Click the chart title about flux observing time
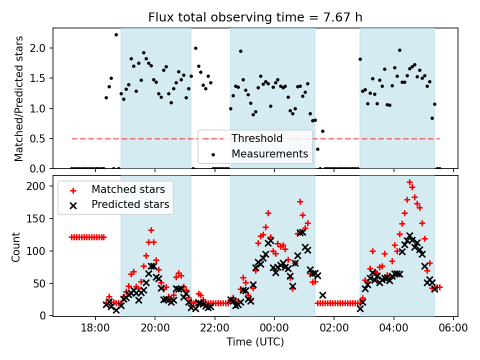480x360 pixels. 255,17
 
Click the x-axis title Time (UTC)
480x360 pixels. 255,342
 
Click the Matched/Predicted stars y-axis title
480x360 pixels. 19,98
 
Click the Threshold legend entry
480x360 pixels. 256,138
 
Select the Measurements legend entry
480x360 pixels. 269,154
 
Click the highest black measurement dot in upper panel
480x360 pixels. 116,34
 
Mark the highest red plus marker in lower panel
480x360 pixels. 409,182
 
